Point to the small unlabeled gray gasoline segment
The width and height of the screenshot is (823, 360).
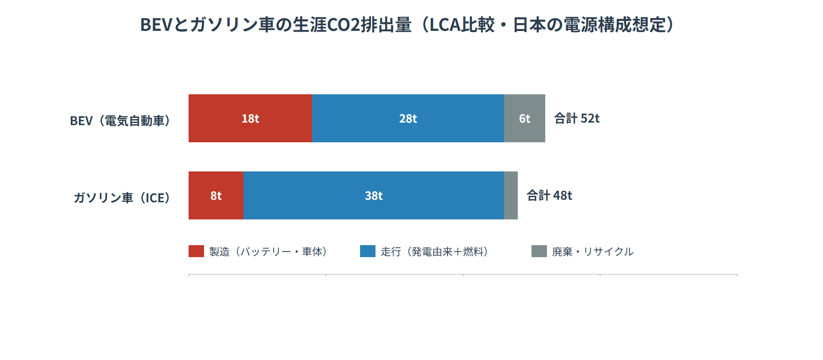pyautogui.click(x=511, y=195)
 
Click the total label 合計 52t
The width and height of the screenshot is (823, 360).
pyautogui.click(x=577, y=118)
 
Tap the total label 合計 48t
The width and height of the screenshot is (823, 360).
pyautogui.click(x=549, y=195)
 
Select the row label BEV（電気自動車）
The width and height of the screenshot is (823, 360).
pyautogui.click(x=121, y=121)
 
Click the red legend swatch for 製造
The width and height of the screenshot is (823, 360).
pyautogui.click(x=196, y=251)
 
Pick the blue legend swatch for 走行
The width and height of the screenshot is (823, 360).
pyautogui.click(x=368, y=251)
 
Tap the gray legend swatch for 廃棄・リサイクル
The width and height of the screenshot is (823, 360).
pyautogui.click(x=539, y=251)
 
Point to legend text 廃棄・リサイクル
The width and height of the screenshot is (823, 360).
pyautogui.click(x=593, y=252)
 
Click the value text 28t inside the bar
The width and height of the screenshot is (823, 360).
pyautogui.click(x=408, y=119)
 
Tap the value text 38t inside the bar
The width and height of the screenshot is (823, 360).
pyautogui.click(x=373, y=196)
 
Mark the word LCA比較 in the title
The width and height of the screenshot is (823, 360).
pyautogui.click(x=462, y=25)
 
